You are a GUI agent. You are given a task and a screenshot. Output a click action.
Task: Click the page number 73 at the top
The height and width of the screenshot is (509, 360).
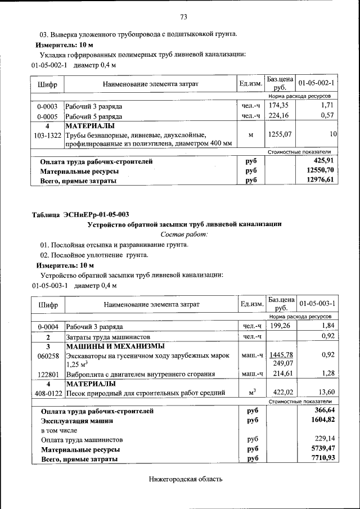pyautogui.click(x=183, y=16)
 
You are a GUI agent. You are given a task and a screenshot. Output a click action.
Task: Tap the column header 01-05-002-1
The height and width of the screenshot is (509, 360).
pyautogui.click(x=316, y=83)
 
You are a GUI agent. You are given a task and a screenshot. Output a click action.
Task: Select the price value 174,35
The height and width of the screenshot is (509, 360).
pyautogui.click(x=278, y=105)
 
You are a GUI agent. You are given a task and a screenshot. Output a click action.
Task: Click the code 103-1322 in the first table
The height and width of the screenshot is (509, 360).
pyautogui.click(x=48, y=135)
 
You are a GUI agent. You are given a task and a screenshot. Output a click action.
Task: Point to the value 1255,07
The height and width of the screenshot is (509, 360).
pyautogui.click(x=278, y=134)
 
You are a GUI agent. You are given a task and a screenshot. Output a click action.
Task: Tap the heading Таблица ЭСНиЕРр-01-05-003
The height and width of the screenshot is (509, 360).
pyautogui.click(x=80, y=214)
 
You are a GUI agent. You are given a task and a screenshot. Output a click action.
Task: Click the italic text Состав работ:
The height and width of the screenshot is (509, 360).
pyautogui.click(x=184, y=233)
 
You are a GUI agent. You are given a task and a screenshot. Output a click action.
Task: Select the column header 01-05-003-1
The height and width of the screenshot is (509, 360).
pyautogui.click(x=317, y=304)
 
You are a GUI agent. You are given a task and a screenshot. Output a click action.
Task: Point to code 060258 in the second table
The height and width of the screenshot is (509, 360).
pyautogui.click(x=48, y=355)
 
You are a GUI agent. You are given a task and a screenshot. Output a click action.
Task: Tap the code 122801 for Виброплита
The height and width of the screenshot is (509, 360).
pyautogui.click(x=48, y=373)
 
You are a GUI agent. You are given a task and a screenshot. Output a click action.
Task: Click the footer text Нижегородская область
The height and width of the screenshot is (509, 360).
pyautogui.click(x=186, y=479)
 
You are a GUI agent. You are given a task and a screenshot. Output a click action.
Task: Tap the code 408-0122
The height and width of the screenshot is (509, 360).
pyautogui.click(x=48, y=393)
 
